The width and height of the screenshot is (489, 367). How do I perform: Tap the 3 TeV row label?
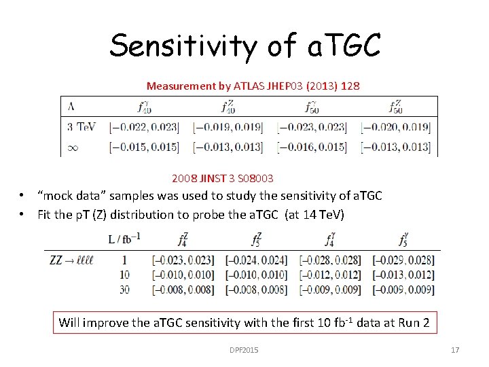pyautogui.click(x=81, y=126)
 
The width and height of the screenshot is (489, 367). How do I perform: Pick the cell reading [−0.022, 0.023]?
pyautogui.click(x=144, y=126)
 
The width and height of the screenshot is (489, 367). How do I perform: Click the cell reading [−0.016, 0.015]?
pyautogui.click(x=312, y=147)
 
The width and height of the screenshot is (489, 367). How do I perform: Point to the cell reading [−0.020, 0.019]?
pyautogui.click(x=395, y=126)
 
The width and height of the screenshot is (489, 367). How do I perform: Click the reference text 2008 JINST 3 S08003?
pyautogui.click(x=223, y=178)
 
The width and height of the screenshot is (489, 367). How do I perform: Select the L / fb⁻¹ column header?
pyautogui.click(x=124, y=239)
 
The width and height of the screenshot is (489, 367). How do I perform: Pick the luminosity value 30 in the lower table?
pyautogui.click(x=124, y=290)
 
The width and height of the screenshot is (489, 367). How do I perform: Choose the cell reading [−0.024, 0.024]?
pyautogui.click(x=256, y=260)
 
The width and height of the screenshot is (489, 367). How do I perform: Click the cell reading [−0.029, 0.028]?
pyautogui.click(x=403, y=260)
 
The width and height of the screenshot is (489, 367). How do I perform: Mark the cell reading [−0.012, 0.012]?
pyautogui.click(x=329, y=275)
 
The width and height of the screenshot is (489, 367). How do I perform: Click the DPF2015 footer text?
pyautogui.click(x=244, y=350)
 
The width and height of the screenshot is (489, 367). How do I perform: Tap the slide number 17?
pyautogui.click(x=455, y=350)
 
